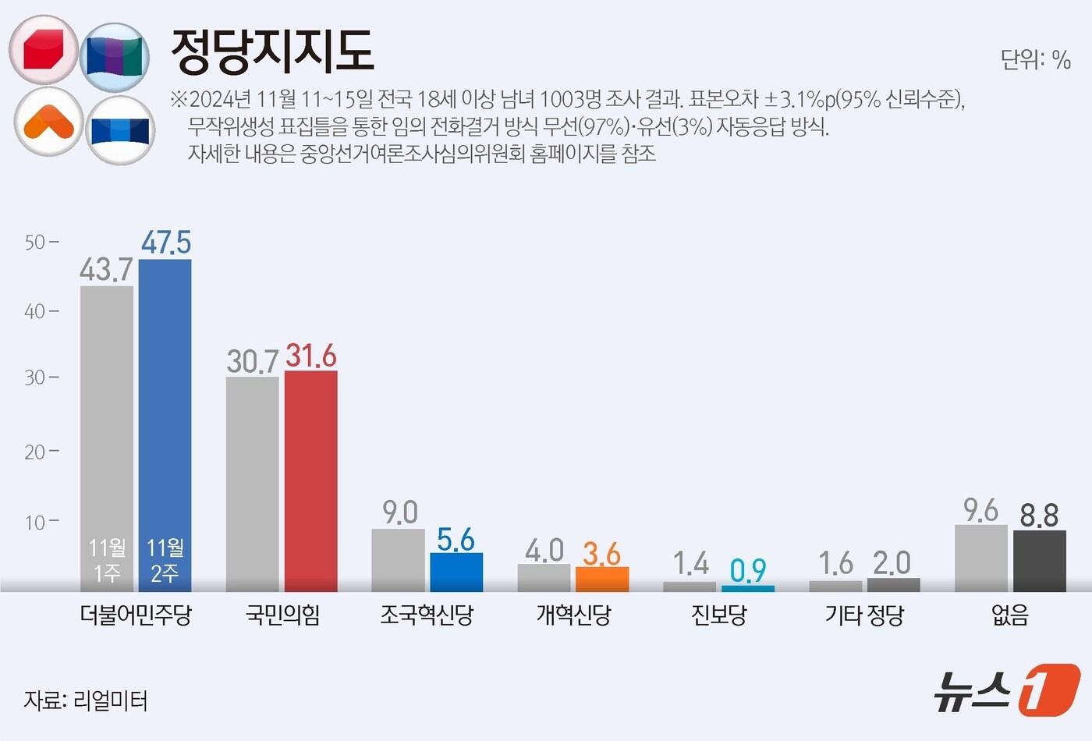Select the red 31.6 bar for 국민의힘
[x=310, y=480]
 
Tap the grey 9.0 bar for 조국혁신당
[x=398, y=560]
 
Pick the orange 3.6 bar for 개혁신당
[x=602, y=579]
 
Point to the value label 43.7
[x=106, y=270]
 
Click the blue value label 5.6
[x=456, y=540]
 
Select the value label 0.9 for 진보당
[x=748, y=571]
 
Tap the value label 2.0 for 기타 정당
[x=892, y=563]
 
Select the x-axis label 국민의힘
[x=282, y=615]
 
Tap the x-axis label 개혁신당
[x=573, y=615]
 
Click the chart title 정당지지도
[x=272, y=51]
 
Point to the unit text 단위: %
[x=1035, y=59]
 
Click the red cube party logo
[x=44, y=50]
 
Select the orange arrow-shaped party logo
[x=48, y=122]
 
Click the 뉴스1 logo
[x=1006, y=690]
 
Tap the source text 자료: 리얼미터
[x=86, y=700]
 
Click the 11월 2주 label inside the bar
[x=165, y=560]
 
